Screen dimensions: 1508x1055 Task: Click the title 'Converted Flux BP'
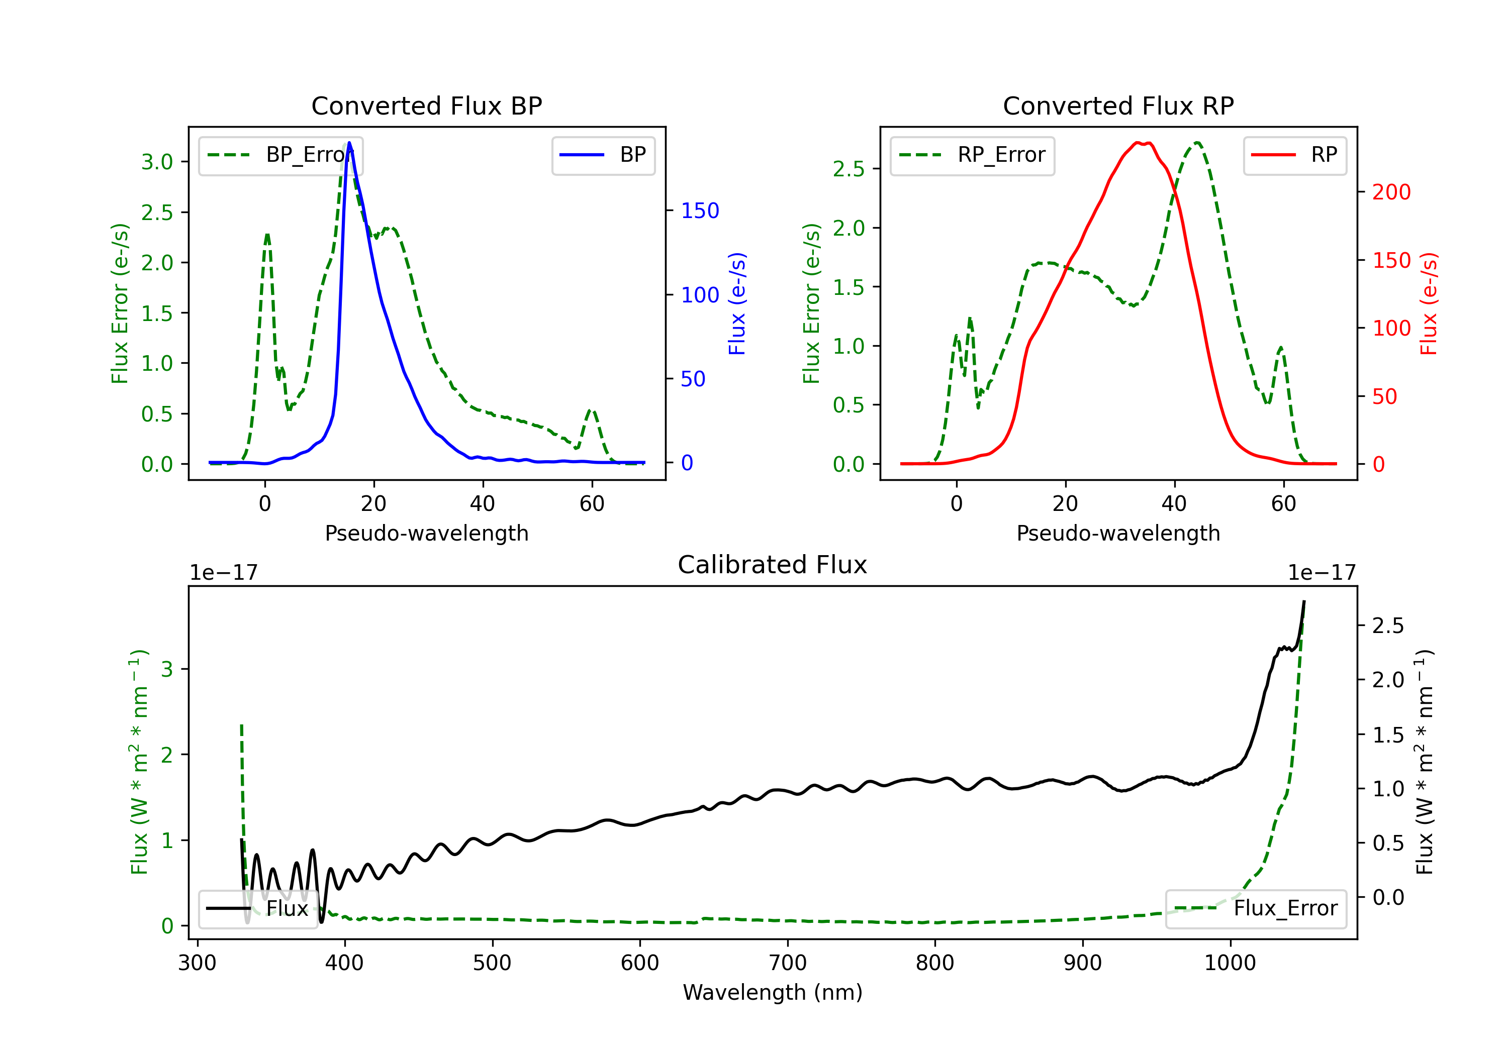point(426,105)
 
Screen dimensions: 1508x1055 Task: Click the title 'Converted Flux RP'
point(1118,105)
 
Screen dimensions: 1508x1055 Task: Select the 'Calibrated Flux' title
point(773,565)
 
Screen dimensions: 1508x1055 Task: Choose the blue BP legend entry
point(603,155)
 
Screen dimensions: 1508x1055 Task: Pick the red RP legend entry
point(1294,155)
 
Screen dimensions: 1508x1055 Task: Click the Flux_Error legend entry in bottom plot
point(1256,909)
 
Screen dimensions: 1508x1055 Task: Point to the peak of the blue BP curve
point(349,143)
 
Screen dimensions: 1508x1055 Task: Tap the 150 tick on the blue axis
point(700,210)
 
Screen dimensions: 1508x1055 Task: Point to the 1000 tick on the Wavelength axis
point(1230,963)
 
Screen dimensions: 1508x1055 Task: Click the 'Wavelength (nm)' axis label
point(773,993)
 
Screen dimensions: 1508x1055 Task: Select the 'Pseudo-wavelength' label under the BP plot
point(427,533)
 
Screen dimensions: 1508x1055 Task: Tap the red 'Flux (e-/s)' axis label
point(1429,304)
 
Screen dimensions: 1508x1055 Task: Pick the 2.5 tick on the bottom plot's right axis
point(1388,625)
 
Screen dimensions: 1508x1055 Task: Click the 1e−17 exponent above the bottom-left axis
point(223,573)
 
